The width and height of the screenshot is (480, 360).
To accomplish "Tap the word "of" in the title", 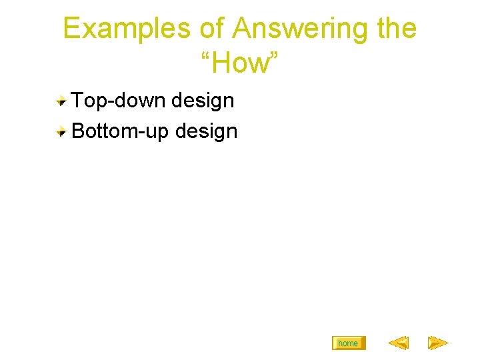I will point(212,29).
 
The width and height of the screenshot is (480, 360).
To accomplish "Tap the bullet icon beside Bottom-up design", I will point(61,131).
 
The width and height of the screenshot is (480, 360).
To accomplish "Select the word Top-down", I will point(119,101).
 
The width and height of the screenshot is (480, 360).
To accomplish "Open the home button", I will point(348,343).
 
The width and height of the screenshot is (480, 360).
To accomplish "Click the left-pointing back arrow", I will point(398,343).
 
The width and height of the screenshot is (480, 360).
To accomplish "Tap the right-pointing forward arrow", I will point(438,343).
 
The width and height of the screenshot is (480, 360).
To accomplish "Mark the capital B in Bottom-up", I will point(77,131).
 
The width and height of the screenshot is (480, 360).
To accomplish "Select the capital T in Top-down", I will point(77,101).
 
